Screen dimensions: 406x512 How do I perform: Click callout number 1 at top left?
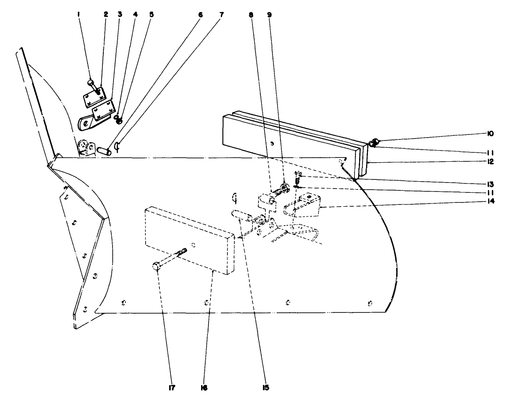pos(79,14)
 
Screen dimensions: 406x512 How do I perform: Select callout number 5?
pos(151,14)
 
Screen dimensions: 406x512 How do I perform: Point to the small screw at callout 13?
pos(298,177)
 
